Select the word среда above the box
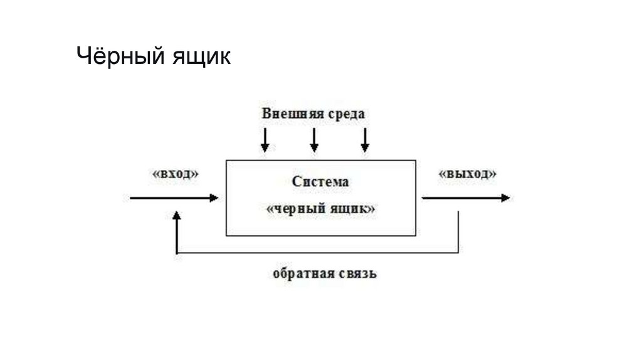tap(345, 114)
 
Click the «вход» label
tap(175, 174)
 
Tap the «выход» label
tap(468, 174)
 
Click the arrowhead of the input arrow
tap(214, 198)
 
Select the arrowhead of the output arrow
tap(505, 198)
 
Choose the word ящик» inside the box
tap(354, 209)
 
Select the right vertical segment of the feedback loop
tap(459, 232)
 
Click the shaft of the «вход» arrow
tap(169, 198)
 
